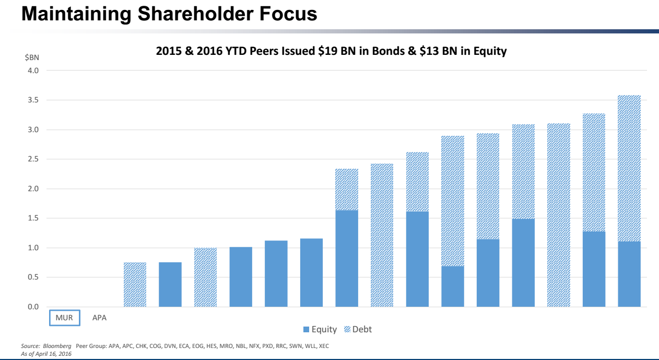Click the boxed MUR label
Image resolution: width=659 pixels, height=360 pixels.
click(x=65, y=318)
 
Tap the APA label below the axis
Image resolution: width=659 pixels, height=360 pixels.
click(x=99, y=318)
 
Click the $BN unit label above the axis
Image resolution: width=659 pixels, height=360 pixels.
click(x=32, y=57)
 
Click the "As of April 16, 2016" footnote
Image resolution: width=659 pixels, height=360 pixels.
click(x=46, y=354)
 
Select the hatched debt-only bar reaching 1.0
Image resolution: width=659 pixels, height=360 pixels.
click(x=205, y=277)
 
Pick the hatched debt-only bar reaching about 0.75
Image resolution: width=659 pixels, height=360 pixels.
click(x=135, y=284)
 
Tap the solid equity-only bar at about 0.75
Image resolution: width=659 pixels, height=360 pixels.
click(x=170, y=284)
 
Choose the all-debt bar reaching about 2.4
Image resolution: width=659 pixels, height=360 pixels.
click(x=382, y=235)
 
